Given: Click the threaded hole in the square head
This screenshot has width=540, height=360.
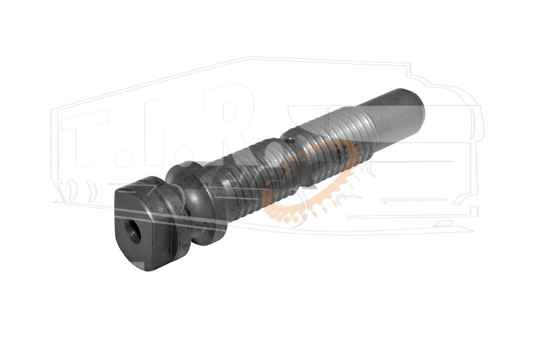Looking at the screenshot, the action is click(x=133, y=232).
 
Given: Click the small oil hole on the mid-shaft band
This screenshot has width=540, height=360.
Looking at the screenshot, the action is click(x=290, y=141).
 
